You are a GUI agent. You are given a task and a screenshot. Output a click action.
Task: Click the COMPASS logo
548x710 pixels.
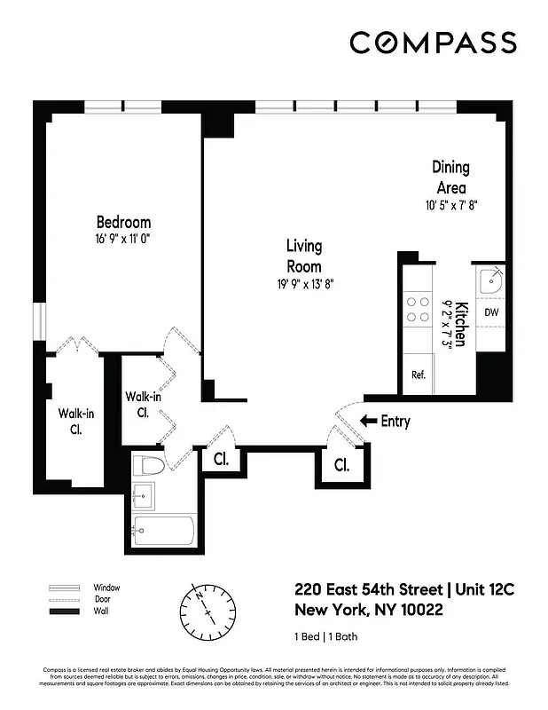point(433,43)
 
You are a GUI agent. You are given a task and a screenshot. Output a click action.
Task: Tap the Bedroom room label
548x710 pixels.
point(123,222)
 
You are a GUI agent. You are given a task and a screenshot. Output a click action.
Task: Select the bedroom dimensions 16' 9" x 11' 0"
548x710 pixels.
point(123,239)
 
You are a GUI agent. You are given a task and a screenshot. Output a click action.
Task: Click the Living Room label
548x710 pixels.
point(303,256)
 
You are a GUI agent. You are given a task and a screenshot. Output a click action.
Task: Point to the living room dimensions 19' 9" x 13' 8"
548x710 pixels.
point(303,283)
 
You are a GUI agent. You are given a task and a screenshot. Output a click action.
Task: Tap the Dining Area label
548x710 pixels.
point(450,177)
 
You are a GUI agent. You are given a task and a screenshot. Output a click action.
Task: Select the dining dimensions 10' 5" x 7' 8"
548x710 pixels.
point(450,205)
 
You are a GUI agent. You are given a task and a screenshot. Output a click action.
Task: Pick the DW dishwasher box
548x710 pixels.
point(490,312)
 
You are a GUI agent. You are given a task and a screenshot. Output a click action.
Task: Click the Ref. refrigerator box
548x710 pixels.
point(419,375)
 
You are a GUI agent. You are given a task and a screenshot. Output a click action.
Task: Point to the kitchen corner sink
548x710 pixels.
point(490,282)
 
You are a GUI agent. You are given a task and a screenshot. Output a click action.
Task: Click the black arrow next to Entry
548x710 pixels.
point(368,422)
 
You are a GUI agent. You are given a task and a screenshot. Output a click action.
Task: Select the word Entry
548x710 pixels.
point(395,422)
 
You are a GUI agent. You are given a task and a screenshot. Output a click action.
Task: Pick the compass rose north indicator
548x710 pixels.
point(209,610)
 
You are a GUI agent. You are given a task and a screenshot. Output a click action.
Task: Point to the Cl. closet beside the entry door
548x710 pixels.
point(341,464)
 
